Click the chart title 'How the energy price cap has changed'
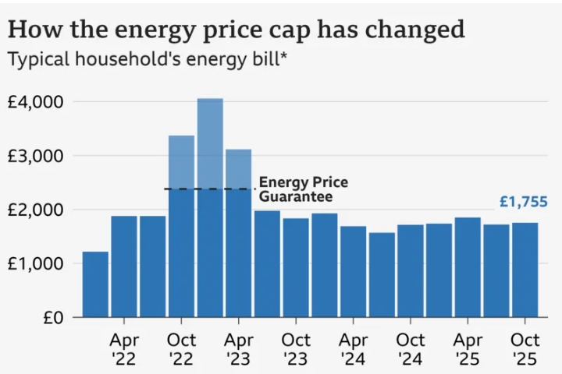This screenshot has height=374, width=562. [x=237, y=30]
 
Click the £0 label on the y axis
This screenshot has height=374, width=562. [x=54, y=317]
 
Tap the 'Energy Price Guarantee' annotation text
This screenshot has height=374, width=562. [x=303, y=189]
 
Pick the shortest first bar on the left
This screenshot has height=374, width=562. [x=95, y=284]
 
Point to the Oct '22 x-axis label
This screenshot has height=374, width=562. [x=181, y=349]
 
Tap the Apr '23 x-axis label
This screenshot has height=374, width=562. [x=239, y=349]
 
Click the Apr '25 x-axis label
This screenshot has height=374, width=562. [x=468, y=349]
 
